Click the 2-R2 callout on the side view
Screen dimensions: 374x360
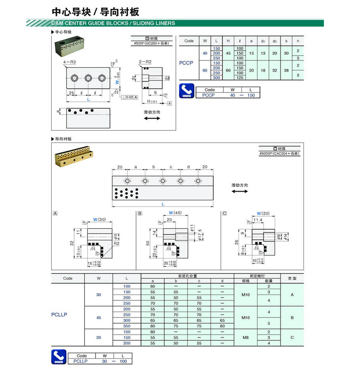point(145,63)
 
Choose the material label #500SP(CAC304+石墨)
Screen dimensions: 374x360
point(279,154)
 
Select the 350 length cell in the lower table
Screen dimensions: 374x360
point(127,326)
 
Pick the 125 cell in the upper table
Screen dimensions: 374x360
point(240,78)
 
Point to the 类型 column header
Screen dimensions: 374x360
point(292,278)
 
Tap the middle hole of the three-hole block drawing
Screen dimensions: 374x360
point(88,78)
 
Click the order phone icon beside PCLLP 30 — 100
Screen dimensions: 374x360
point(59,358)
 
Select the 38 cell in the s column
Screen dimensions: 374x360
point(287,70)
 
